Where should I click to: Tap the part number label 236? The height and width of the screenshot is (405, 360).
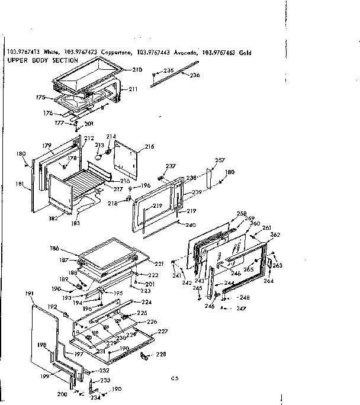click(195, 75)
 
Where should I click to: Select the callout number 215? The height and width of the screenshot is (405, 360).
click(149, 146)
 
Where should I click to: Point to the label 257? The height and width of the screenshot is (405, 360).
click(220, 160)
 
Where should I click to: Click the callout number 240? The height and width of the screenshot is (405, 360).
click(190, 225)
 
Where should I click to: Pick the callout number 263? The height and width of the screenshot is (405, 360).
click(277, 266)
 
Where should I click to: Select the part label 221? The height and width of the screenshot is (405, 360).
click(159, 263)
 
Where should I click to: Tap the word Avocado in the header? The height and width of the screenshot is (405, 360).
click(183, 53)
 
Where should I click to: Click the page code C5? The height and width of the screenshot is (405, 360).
click(174, 377)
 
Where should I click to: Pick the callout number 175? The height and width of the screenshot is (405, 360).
click(40, 97)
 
